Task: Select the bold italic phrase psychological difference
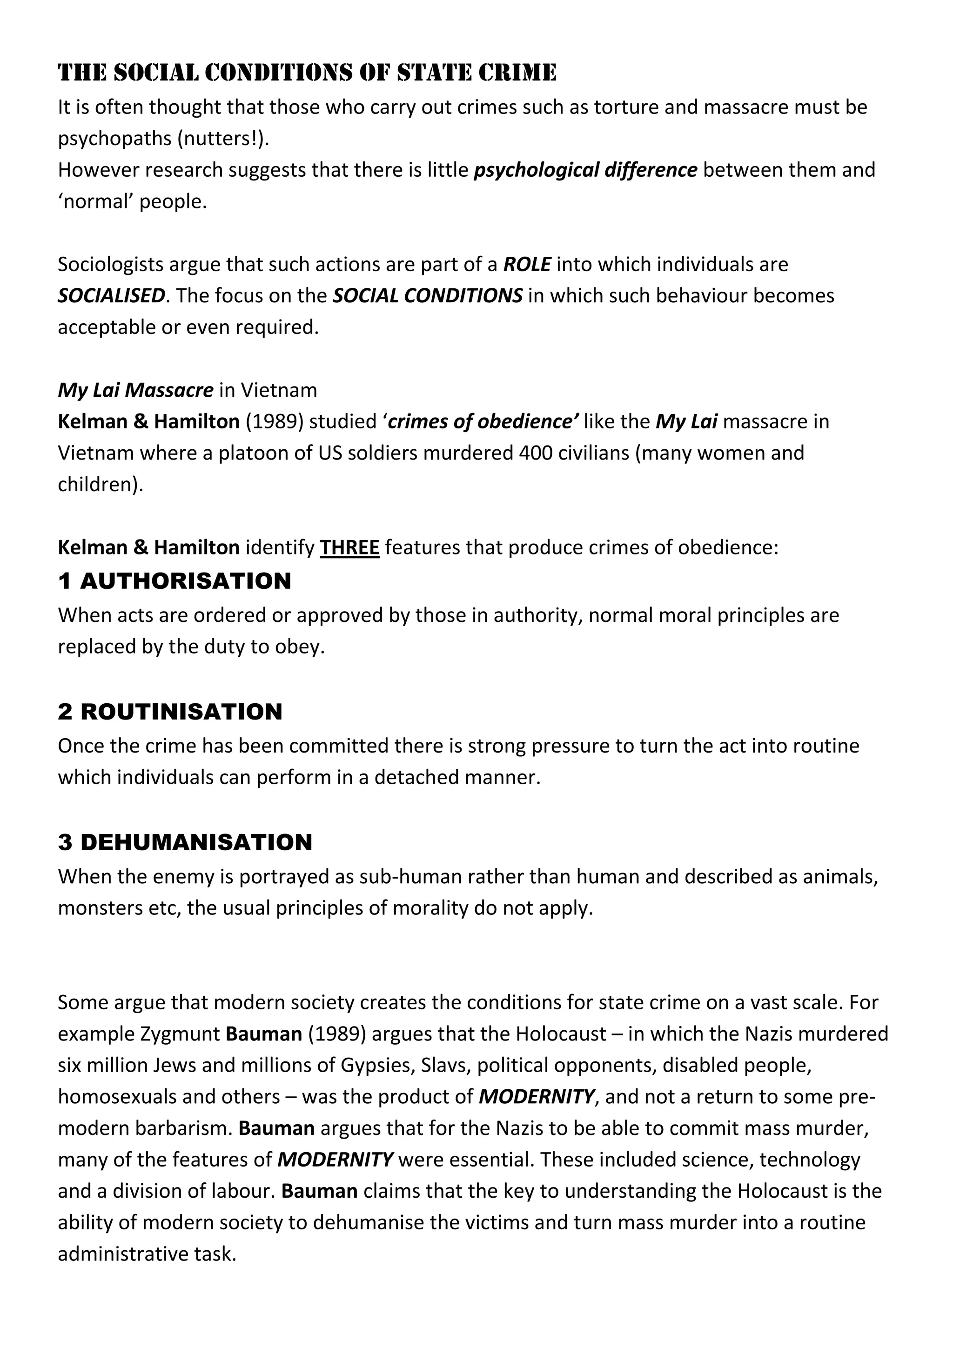tap(585, 170)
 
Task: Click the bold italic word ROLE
tap(527, 265)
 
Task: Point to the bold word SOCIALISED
tap(111, 296)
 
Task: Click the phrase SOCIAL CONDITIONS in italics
tap(427, 296)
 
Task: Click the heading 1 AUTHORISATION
tap(174, 581)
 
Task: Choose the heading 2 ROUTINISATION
tap(170, 712)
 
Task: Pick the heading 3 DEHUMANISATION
tap(185, 842)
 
